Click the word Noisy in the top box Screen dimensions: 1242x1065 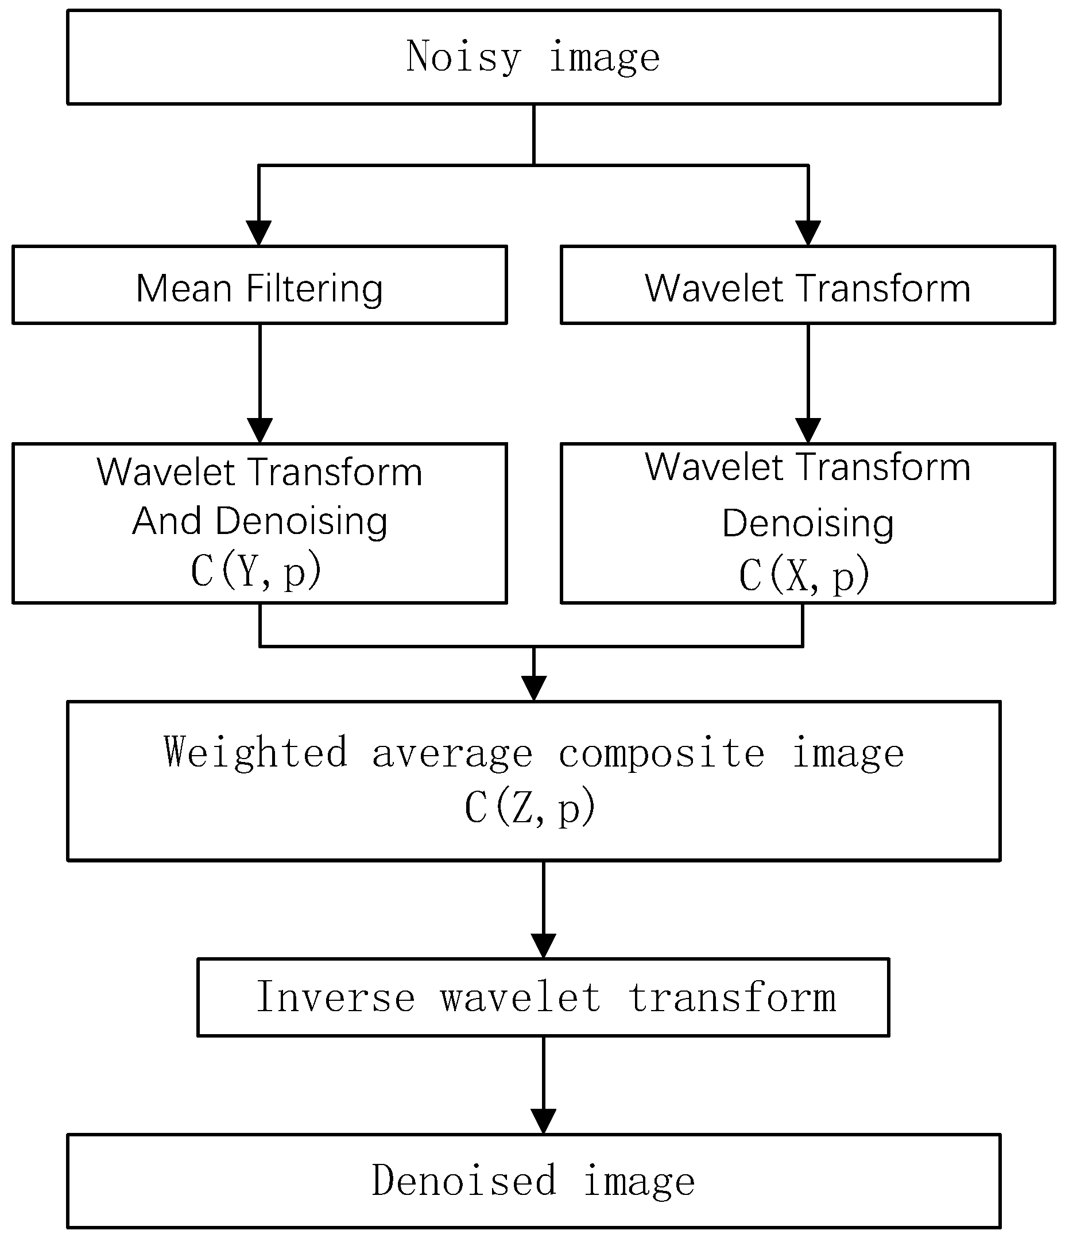pyautogui.click(x=463, y=57)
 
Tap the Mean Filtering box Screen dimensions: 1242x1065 pyautogui.click(x=260, y=285)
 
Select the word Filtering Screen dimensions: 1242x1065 pyautogui.click(x=314, y=289)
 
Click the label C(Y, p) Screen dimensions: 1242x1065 pyautogui.click(x=256, y=570)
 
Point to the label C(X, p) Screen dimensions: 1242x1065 pyautogui.click(x=804, y=575)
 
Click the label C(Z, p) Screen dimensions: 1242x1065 pyautogui.click(x=530, y=807)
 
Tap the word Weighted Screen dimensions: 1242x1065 pyautogui.click(x=256, y=753)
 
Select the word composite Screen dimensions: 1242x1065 pyautogui.click(x=661, y=753)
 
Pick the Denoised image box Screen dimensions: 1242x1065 pyautogui.click(x=533, y=1181)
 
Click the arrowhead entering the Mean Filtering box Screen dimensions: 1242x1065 pyautogui.click(x=259, y=233)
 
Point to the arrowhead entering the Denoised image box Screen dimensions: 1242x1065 pyautogui.click(x=543, y=1121)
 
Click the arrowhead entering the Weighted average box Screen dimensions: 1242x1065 pyautogui.click(x=533, y=687)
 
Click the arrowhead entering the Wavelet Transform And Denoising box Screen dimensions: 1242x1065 pyautogui.click(x=260, y=431)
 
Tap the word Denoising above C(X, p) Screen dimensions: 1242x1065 pyautogui.click(x=807, y=523)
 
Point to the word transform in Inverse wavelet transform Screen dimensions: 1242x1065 pyautogui.click(x=732, y=997)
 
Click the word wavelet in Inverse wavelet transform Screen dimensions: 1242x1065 pyautogui.click(x=520, y=997)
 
